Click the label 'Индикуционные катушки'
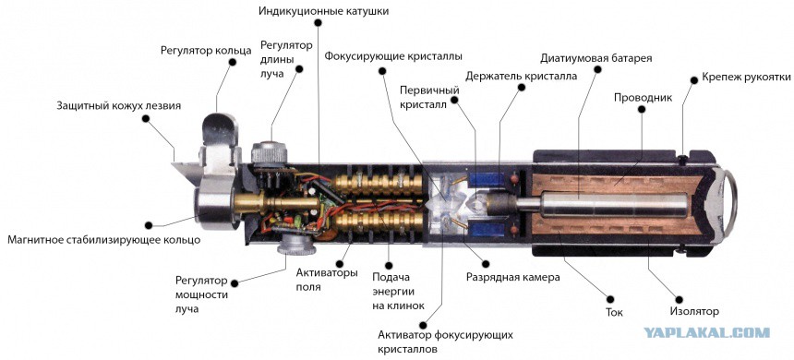pos(323,11)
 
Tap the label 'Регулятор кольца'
pos(206,50)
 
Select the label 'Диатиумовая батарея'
pos(596,57)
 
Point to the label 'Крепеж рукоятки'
pos(746,78)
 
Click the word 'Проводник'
pos(644,97)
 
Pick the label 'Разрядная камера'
pos(513,277)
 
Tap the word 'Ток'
pos(614,312)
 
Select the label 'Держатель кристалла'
pos(521,76)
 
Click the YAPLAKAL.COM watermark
pos(707,332)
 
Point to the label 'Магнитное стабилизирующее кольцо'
pos(103,239)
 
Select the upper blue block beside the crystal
pos(487,179)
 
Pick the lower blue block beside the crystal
pos(487,231)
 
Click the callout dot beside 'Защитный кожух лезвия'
pos(146,118)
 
